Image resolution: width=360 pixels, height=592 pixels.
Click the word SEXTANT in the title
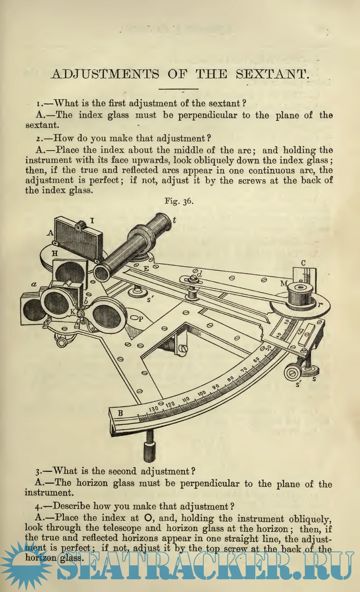272,74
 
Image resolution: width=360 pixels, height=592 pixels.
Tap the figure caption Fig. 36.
179,202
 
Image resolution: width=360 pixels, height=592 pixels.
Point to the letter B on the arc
120,413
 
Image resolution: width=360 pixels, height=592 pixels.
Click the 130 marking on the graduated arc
154,409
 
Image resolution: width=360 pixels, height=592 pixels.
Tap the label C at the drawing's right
303,263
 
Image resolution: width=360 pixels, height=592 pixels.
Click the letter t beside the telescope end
174,220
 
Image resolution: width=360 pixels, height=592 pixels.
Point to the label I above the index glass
92,221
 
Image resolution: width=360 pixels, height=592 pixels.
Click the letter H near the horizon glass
55,254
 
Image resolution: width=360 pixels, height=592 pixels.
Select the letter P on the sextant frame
141,319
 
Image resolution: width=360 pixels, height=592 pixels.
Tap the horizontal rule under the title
178,89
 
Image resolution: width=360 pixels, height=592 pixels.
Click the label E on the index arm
146,269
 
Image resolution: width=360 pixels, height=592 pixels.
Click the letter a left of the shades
34,285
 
